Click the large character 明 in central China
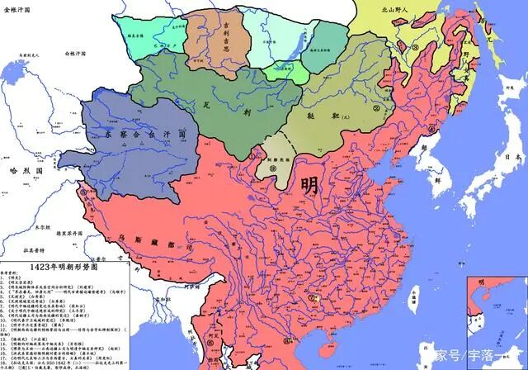(310, 183)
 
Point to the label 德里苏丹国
(52, 234)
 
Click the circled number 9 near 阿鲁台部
(271, 168)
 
